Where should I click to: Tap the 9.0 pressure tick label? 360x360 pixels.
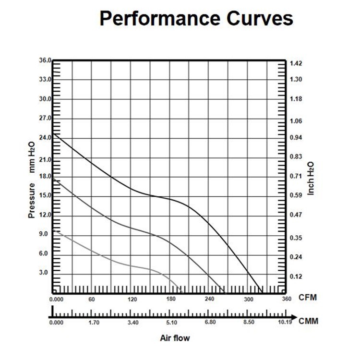click(43, 234)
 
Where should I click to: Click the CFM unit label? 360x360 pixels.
click(307, 298)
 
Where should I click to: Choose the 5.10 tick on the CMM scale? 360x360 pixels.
click(171, 322)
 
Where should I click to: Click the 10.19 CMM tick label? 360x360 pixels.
click(285, 322)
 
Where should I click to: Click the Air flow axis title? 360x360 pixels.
click(175, 338)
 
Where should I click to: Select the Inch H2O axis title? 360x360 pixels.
click(311, 178)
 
